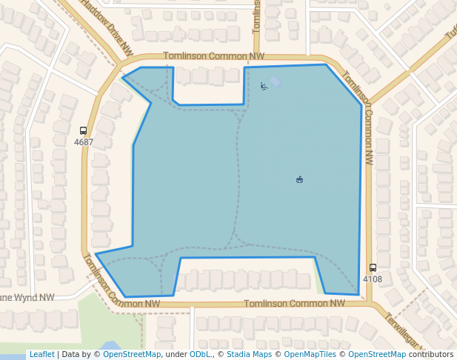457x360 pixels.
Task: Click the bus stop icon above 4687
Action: tap(83, 130)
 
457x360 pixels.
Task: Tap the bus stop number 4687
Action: tap(84, 141)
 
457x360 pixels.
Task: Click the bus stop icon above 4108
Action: tap(373, 267)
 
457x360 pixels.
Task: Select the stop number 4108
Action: tap(373, 279)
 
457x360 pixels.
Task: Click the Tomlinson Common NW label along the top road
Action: tap(213, 56)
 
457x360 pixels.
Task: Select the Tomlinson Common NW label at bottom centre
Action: tap(294, 303)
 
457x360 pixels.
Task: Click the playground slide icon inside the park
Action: tap(264, 87)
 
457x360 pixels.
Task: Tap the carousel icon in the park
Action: tap(299, 179)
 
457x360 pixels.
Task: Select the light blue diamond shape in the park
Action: tap(275, 81)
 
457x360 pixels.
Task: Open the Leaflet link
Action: tap(41, 355)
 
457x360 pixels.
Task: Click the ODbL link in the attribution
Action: tap(200, 355)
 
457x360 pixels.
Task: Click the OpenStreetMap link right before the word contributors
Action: tap(377, 355)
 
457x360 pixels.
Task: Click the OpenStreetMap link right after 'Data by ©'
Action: tap(132, 355)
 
